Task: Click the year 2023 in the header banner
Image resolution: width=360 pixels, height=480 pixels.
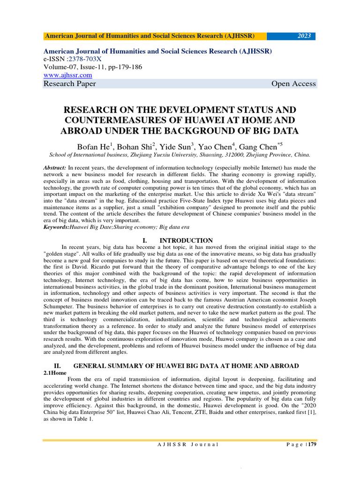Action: (304, 36)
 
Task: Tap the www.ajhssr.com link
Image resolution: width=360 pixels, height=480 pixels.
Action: (67, 75)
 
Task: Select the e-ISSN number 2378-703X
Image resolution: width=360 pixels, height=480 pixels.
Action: (88, 59)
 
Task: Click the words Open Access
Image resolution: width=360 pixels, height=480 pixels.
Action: (293, 84)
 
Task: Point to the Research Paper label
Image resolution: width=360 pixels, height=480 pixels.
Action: (70, 84)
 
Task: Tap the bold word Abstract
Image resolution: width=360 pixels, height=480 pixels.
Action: (54, 167)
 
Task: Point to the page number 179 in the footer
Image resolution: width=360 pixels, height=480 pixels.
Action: (312, 444)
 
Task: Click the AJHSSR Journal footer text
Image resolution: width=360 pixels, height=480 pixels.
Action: (187, 444)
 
